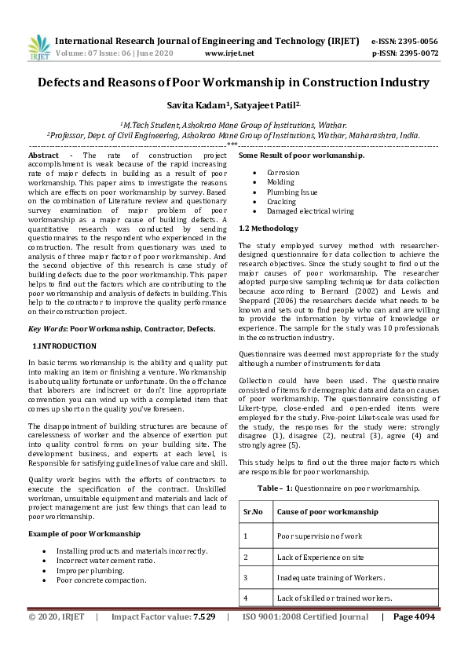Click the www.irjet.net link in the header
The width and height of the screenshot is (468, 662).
229,53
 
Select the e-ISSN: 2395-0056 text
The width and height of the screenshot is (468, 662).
404,41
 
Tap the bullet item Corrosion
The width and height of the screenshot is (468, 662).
283,172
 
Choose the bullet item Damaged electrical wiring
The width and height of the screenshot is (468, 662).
310,211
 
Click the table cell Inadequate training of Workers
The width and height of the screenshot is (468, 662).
331,578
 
